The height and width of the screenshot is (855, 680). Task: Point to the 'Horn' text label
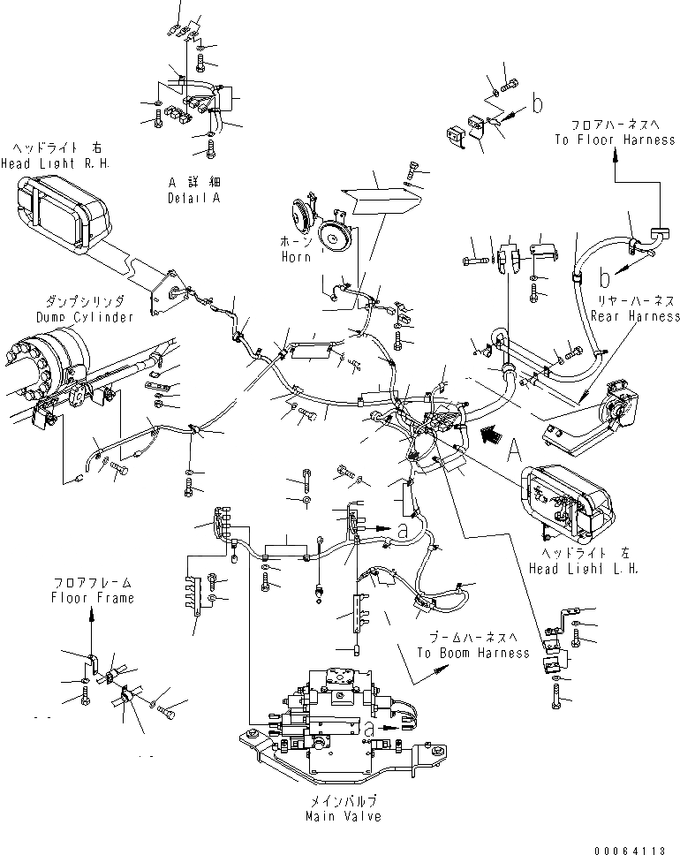[x=297, y=257]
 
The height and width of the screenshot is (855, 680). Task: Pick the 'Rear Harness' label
[x=636, y=315]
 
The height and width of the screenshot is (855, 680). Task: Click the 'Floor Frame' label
[x=92, y=598]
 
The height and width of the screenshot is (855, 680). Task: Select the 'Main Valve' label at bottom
[x=339, y=815]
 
